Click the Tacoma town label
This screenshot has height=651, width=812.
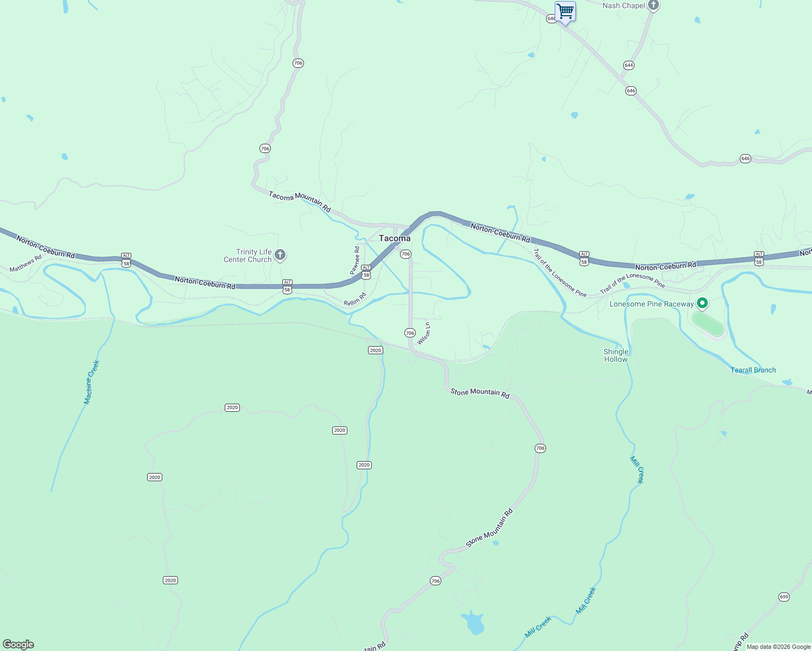click(395, 238)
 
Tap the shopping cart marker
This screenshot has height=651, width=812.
click(565, 11)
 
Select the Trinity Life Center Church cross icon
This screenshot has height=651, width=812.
click(280, 255)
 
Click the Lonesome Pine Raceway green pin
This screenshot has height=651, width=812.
click(702, 303)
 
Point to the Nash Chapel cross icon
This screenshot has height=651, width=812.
click(654, 6)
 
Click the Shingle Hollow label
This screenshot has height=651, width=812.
click(616, 355)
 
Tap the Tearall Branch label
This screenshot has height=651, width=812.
click(753, 370)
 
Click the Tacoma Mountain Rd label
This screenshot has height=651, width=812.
click(300, 201)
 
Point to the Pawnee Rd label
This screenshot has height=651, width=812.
click(355, 260)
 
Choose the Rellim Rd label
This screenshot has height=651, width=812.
click(355, 299)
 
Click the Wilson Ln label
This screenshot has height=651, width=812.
click(424, 334)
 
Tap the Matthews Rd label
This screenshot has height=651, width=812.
click(26, 264)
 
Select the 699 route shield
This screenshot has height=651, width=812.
click(784, 597)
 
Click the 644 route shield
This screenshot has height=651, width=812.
click(629, 65)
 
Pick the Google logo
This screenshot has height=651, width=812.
click(18, 644)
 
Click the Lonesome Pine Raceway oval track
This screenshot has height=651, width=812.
click(708, 324)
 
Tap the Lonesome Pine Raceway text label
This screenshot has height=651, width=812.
click(651, 304)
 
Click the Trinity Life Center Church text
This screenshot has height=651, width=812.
click(248, 256)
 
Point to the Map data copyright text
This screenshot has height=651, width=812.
click(778, 647)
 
